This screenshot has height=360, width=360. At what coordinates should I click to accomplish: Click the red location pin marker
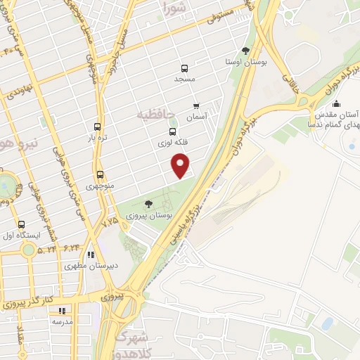click(181, 165)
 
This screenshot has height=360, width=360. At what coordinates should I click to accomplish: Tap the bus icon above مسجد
click(184, 69)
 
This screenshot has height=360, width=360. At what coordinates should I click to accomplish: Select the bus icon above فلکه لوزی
click(172, 131)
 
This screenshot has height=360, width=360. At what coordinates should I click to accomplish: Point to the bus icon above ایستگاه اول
click(21, 224)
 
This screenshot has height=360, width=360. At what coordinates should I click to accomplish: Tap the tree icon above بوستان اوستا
click(245, 51)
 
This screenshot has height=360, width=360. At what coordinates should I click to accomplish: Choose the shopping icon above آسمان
click(196, 105)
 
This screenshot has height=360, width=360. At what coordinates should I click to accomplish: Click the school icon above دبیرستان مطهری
click(90, 255)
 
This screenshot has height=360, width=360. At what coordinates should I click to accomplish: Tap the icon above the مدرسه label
click(62, 309)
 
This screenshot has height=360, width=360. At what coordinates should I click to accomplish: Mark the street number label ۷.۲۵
click(110, 221)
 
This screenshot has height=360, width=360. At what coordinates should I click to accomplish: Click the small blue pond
click(327, 323)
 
